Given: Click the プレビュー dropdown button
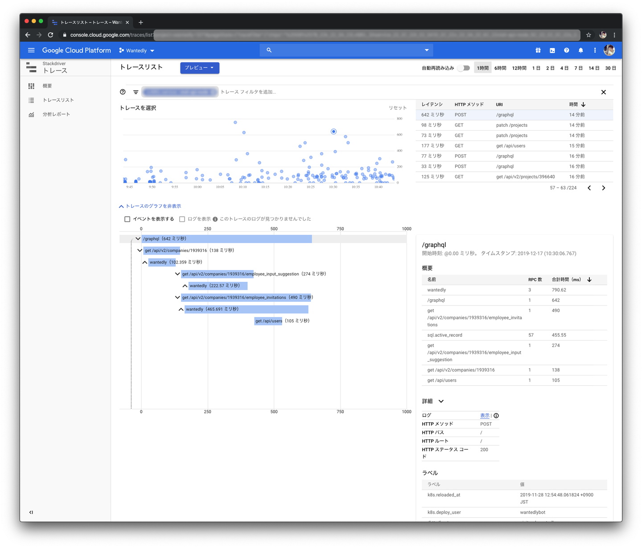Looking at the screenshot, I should point(199,68).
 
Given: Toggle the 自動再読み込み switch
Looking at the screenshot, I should point(464,68).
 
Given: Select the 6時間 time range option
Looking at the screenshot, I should point(500,68).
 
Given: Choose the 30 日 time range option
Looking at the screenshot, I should point(610,68).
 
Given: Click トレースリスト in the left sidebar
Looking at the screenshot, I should point(58,100).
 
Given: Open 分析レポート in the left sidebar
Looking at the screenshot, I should point(56,115).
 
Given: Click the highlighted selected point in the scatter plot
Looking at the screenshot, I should point(333,132).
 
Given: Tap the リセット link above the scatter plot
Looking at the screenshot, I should point(397,108).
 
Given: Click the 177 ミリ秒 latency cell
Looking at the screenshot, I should point(432,146).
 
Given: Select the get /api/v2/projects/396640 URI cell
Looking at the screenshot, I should point(525,177).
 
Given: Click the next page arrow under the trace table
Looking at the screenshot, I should point(604,188).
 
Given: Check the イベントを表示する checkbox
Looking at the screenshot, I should point(128,219).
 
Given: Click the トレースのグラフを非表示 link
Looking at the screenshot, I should point(153,206).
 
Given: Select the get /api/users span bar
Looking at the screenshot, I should point(268,321).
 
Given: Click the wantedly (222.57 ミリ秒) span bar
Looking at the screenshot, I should point(217,286).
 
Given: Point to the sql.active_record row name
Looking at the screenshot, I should point(444,335).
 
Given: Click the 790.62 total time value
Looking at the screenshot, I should point(559,290).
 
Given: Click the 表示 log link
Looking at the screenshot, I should point(484,416).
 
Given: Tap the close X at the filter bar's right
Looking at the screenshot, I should point(604,92).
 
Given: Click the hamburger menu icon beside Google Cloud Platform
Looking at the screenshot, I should point(31,50).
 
